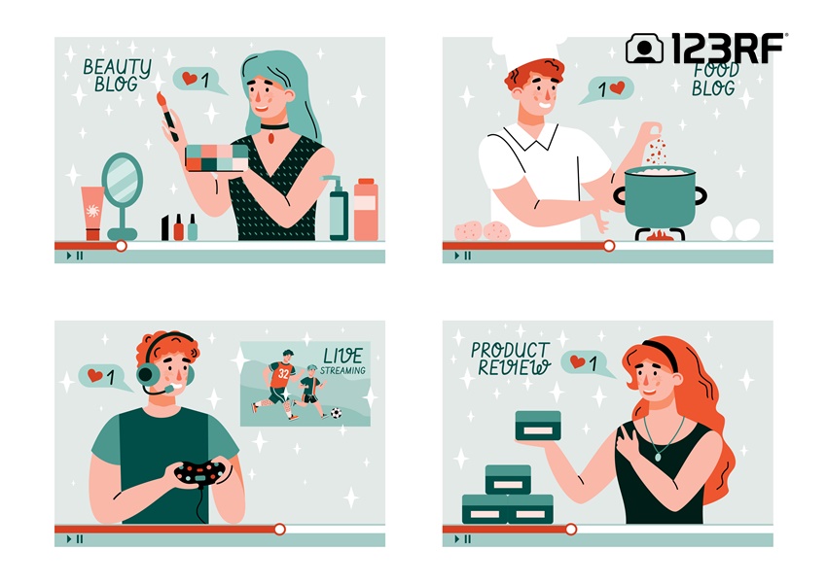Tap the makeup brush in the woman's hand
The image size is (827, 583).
167,116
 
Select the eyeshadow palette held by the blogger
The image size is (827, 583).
217,158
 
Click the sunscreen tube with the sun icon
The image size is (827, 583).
92,213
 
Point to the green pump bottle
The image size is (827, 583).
338,209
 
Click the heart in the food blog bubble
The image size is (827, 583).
617,87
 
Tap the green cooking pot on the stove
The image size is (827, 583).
661,196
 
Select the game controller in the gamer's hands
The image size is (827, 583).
199,472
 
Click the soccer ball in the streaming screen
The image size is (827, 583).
336,413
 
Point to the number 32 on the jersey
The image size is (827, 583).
284,373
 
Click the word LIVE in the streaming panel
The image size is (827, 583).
342,356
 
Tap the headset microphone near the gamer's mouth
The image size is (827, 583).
169,389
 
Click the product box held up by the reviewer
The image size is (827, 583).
538,426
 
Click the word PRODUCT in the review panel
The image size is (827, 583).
511,350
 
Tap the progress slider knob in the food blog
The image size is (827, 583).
609,246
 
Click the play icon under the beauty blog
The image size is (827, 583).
68,256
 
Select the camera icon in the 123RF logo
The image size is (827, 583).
644,49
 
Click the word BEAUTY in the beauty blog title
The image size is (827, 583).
117,67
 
